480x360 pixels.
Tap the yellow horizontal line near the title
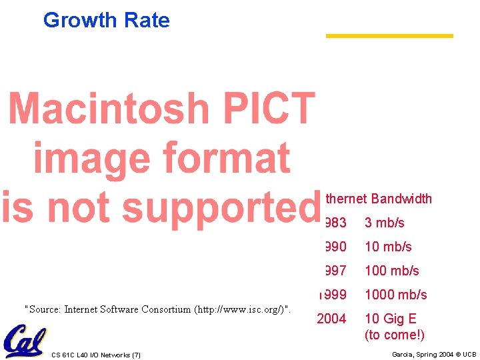pos(389,35)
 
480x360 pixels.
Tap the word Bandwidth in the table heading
pos(401,199)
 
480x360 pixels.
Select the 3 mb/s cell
pos(384,223)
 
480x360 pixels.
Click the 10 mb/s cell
pos(388,247)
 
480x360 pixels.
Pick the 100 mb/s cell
pos(391,271)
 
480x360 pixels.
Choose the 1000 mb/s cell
pos(395,295)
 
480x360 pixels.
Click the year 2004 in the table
pos(331,319)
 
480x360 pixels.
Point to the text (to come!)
pos(394,335)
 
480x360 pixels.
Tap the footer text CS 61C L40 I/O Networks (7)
pos(95,355)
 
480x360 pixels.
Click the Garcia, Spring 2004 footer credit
pos(433,354)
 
